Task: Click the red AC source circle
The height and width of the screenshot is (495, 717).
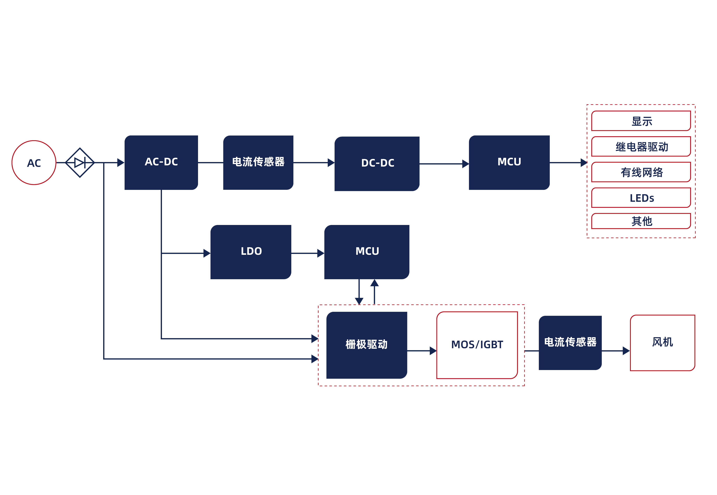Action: tap(34, 163)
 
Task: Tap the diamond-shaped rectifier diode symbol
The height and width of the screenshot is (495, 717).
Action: tap(80, 163)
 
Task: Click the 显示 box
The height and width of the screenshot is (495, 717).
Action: tap(641, 121)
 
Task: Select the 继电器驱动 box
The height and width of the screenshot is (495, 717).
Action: tap(641, 146)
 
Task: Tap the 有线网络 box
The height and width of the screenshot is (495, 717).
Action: tap(641, 172)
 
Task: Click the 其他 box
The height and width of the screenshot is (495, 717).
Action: tap(641, 221)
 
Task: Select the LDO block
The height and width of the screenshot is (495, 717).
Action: tap(251, 252)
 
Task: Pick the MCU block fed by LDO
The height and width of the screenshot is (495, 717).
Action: tap(367, 252)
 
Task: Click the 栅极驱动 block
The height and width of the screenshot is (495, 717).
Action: tap(367, 345)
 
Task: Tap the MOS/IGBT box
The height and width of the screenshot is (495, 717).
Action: tap(477, 345)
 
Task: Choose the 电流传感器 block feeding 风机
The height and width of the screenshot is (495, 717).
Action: tap(570, 343)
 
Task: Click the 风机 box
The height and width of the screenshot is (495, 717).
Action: tap(662, 343)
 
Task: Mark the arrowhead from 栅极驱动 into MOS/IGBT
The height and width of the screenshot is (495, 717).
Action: tap(433, 351)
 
